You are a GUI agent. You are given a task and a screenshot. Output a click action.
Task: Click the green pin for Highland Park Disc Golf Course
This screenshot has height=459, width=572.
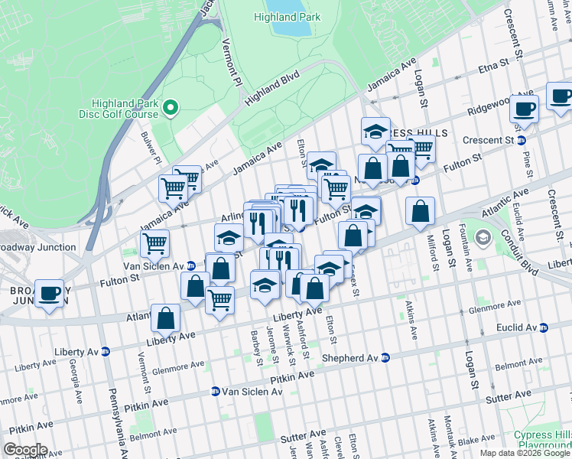coord(171,109)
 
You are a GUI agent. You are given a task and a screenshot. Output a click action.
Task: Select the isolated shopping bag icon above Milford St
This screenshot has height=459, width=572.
coord(420,212)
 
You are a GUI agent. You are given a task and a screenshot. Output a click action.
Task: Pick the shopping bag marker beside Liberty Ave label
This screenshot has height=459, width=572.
coord(165,318)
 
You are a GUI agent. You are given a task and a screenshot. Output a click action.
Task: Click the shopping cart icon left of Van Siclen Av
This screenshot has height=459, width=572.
coord(155,244)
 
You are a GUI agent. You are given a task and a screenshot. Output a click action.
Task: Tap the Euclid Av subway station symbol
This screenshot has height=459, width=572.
coord(544,327)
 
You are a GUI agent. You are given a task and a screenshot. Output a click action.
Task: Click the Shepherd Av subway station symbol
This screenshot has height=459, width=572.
coord(386,357)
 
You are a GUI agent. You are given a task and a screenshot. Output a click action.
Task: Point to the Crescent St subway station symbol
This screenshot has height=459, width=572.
coord(522,141)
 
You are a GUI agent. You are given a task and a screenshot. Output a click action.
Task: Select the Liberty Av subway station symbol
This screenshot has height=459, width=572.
coord(106,352)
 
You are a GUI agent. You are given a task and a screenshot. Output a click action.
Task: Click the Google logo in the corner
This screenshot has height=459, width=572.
coord(24,450)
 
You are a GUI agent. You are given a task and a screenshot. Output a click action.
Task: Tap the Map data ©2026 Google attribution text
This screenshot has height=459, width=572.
coord(525,453)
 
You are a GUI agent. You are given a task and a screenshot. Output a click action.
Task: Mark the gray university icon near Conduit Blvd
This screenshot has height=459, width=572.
coord(483,238)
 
